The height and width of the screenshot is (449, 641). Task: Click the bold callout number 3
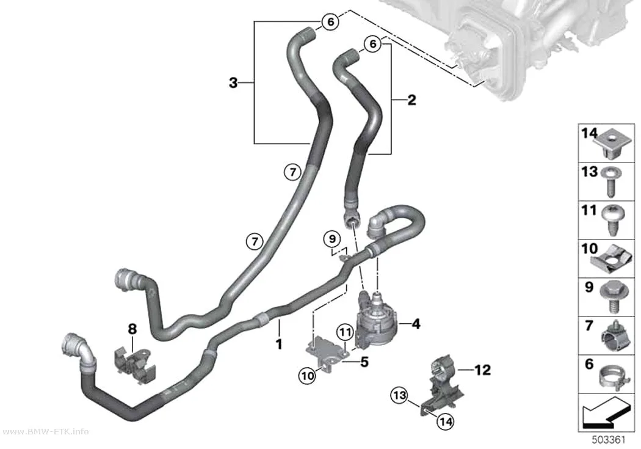(233, 83)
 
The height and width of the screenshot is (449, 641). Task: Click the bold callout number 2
(411, 100)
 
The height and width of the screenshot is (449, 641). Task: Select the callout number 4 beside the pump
(416, 324)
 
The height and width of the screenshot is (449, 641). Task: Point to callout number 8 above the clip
(132, 329)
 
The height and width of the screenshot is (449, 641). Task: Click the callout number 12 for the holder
(482, 370)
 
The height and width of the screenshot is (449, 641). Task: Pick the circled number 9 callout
(332, 239)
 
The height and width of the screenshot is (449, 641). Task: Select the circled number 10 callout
(308, 375)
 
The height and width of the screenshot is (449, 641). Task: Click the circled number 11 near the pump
(346, 332)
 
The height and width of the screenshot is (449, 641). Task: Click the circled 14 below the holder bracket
(445, 421)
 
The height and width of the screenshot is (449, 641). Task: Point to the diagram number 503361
(609, 440)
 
